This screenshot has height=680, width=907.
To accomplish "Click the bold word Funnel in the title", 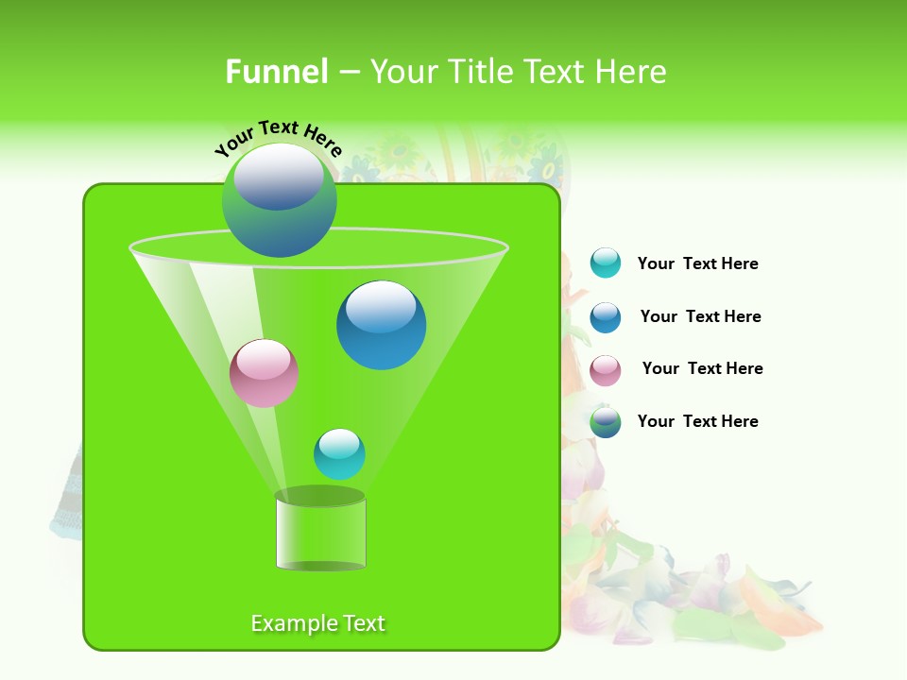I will (276, 72).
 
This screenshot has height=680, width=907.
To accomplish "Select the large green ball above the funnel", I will (279, 200).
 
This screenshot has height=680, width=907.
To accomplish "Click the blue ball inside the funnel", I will (381, 325).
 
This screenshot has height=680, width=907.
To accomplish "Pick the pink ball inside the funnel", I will (265, 373).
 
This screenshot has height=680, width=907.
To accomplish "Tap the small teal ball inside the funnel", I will (339, 454).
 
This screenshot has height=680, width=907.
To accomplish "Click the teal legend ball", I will (606, 263).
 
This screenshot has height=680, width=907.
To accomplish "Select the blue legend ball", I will (606, 317).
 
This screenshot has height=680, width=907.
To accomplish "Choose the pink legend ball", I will (606, 370).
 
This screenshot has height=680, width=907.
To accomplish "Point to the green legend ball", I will (606, 422).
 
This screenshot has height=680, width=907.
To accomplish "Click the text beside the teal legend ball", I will (697, 263).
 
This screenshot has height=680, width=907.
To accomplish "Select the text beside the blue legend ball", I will (700, 316).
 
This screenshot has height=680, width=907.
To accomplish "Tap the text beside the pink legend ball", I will (702, 368).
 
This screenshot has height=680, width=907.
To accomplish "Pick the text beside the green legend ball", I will (697, 421).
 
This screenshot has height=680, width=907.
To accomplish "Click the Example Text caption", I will (317, 623).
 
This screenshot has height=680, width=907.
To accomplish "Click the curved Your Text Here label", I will (278, 137).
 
